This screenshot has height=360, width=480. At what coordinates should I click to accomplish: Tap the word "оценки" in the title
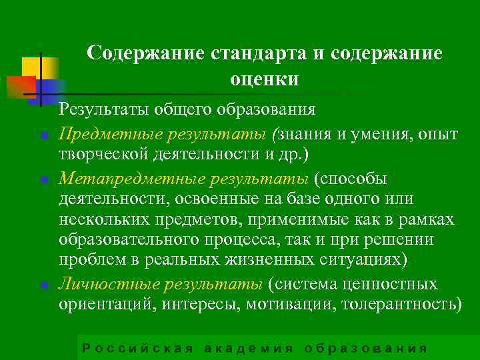click(x=264, y=79)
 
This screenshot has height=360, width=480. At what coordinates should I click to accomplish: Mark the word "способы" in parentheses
click(x=358, y=178)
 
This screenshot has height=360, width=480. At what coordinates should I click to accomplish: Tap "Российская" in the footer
click(x=137, y=349)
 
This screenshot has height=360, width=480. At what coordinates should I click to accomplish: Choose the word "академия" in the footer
click(x=248, y=349)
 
